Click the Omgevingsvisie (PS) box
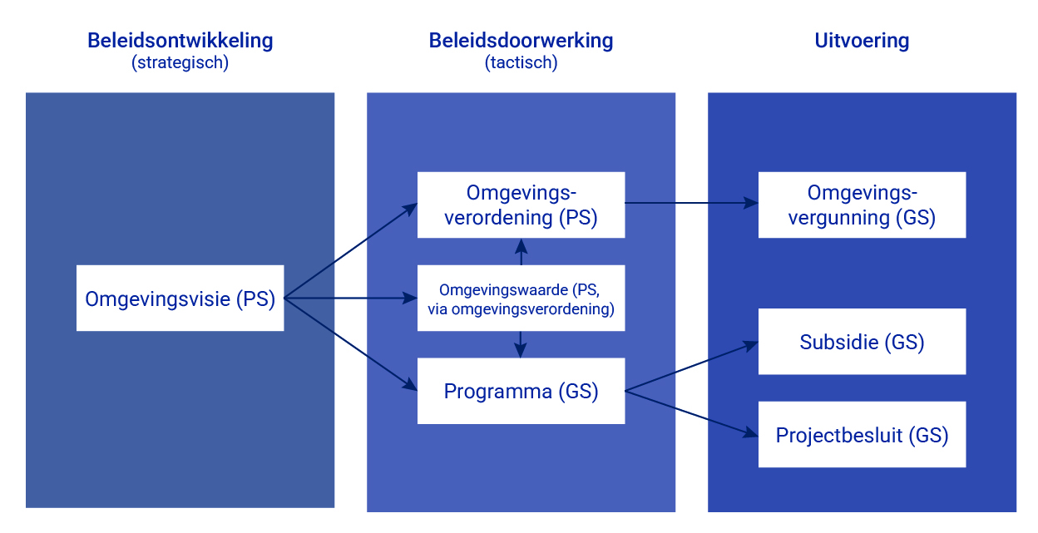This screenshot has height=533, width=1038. (x=180, y=298)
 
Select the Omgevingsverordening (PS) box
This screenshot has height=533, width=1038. (x=521, y=205)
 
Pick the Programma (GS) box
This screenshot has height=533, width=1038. (x=521, y=391)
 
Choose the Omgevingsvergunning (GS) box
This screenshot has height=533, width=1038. (x=862, y=205)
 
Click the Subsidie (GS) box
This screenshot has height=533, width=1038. (x=862, y=342)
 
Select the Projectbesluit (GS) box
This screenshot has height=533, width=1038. (x=862, y=434)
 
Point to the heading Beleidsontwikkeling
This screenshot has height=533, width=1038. (x=180, y=40)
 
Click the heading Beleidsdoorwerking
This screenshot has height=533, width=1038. (x=521, y=40)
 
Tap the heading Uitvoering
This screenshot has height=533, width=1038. (x=862, y=41)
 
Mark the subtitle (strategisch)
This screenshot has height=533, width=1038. (x=180, y=62)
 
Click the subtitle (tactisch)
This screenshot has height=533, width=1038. (x=521, y=62)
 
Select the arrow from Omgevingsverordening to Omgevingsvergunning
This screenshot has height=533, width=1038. (x=690, y=203)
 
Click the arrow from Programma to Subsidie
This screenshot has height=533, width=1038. (x=690, y=367)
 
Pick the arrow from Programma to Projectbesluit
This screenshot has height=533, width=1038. (x=690, y=412)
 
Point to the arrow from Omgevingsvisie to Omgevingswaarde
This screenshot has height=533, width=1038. (x=349, y=298)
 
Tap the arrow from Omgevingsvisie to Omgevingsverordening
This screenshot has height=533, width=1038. (x=349, y=252)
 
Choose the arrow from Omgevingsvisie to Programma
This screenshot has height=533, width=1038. (x=349, y=343)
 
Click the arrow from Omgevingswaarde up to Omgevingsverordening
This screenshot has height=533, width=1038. (x=521, y=251)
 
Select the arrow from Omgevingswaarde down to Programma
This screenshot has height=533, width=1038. (x=521, y=344)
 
